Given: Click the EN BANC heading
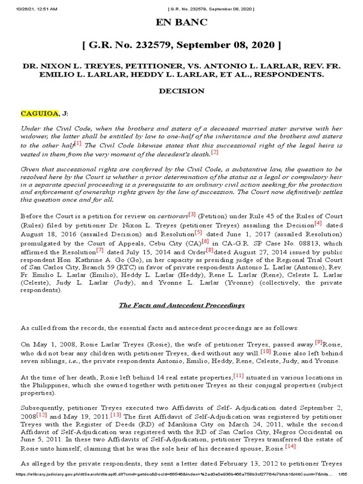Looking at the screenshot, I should [181, 22].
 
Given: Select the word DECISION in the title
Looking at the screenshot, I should [181, 91].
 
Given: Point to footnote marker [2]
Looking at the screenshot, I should [215, 152].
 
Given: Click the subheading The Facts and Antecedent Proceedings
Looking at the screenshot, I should [181, 305].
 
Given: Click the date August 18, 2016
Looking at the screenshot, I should [42, 234].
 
